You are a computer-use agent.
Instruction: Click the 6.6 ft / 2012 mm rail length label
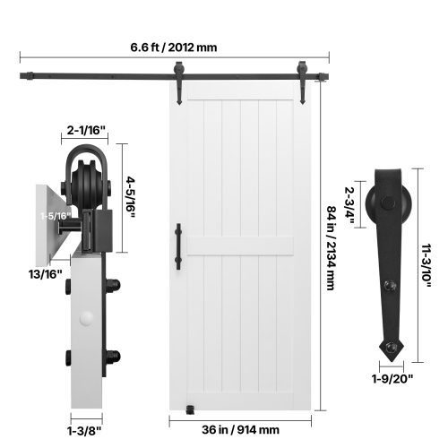pyautogui.click(x=173, y=47)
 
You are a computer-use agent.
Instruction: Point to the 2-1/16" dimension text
pyautogui.click(x=87, y=132)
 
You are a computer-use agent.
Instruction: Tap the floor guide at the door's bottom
pyautogui.click(x=189, y=409)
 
